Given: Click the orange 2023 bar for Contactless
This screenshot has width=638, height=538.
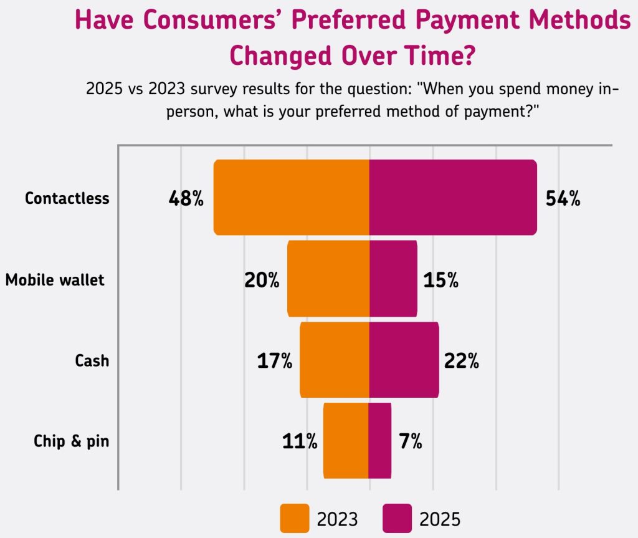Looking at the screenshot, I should coord(292,198).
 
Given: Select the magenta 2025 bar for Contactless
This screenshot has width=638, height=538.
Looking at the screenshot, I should coord(453,198).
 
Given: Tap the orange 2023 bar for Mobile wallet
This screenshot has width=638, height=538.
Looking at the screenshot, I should coord(328,279).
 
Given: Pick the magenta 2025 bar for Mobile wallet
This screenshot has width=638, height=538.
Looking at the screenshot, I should coord(393,279).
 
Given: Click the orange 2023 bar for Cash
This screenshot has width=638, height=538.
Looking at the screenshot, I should coord(335,360).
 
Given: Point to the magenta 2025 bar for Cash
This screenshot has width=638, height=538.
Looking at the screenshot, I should coord(404,360).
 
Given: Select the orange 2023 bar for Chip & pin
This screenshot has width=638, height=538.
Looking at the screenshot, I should coord(346,441).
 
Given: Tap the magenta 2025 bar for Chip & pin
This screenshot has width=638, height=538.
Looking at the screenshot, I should coord(380,441).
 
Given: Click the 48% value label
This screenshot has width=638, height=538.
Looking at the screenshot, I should coord(186,199).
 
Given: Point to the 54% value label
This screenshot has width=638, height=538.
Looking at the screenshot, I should coord(563,199).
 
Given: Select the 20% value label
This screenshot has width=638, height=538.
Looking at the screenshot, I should coord(261,280).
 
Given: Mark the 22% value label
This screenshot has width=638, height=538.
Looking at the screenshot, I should coord(461,360).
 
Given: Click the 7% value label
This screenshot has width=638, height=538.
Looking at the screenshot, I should coord(410,441).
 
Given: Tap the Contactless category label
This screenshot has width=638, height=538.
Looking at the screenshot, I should coord(67,198).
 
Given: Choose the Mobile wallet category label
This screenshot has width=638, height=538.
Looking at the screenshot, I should coord(55,280).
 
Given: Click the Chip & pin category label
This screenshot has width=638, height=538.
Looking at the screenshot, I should coord(72,441).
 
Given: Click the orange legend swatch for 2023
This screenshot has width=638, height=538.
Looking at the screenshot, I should coord(294,518).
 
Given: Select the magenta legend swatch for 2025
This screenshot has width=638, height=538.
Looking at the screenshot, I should coord(397,518).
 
